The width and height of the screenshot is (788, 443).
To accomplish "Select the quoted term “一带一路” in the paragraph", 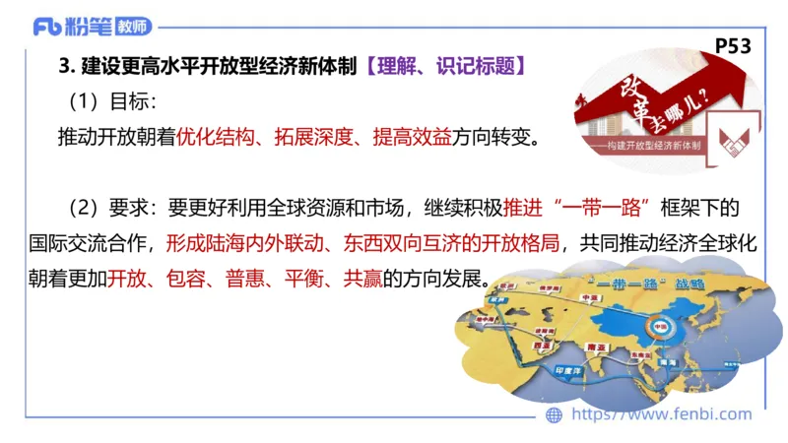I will [601, 209].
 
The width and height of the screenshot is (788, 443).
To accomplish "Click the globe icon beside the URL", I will [555, 415].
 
